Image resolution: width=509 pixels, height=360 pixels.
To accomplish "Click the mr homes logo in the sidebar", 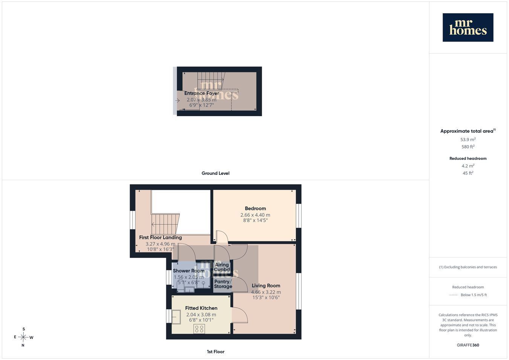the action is (x=468, y=27).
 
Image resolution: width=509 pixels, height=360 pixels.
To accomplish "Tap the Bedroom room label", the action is (x=255, y=208).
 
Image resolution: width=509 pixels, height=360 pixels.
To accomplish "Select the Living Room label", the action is (x=266, y=285).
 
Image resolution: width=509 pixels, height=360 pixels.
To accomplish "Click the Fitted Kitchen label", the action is (x=201, y=308).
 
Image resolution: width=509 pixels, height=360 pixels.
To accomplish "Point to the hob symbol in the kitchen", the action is (x=199, y=329).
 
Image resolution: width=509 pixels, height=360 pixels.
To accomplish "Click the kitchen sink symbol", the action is (x=176, y=317).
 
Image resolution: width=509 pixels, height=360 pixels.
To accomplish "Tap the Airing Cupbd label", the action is (x=222, y=267).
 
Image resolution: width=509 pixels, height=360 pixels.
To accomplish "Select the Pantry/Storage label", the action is (x=223, y=284).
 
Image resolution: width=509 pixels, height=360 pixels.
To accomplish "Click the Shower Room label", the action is (x=189, y=271).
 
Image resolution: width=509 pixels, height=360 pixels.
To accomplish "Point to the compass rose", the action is (x=23, y=337).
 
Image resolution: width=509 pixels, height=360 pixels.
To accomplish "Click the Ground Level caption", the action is (x=215, y=173).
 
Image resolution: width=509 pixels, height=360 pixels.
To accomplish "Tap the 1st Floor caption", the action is (x=215, y=352).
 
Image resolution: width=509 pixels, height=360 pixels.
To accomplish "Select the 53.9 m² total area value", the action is (x=468, y=139).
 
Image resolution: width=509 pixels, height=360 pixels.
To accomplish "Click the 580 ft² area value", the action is (x=468, y=147).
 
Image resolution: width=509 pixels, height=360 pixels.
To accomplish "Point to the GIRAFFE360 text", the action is (x=468, y=345).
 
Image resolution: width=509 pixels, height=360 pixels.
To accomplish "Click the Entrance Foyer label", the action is (x=202, y=93).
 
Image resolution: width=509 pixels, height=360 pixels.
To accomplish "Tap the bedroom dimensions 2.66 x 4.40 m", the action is (x=255, y=215).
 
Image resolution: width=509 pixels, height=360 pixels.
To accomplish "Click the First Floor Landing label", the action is (x=160, y=237).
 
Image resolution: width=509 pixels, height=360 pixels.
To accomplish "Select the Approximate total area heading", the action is (x=468, y=131).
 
